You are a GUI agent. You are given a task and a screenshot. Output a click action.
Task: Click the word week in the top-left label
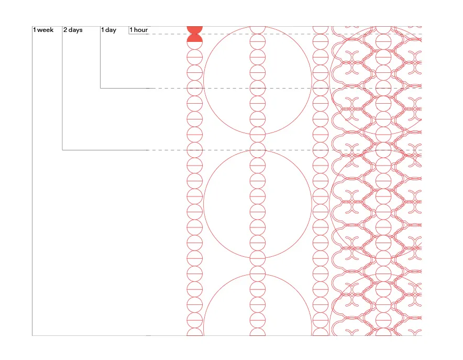click(x=46, y=30)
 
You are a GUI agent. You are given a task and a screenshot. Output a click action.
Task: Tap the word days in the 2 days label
click(x=75, y=30)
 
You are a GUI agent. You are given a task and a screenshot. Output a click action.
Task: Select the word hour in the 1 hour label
click(x=141, y=30)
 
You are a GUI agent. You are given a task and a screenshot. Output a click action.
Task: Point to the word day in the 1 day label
click(x=111, y=30)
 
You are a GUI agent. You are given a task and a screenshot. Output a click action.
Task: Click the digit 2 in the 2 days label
click(x=65, y=30)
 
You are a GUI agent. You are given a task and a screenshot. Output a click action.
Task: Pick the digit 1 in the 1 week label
click(x=35, y=30)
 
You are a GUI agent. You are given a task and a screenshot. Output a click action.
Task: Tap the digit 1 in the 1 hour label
click(x=131, y=30)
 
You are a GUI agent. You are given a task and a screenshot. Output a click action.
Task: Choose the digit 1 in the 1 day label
click(x=103, y=30)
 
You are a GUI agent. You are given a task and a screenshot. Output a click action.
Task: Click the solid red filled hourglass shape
click(x=195, y=34)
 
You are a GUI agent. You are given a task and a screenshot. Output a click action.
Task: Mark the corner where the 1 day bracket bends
click(x=101, y=88)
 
